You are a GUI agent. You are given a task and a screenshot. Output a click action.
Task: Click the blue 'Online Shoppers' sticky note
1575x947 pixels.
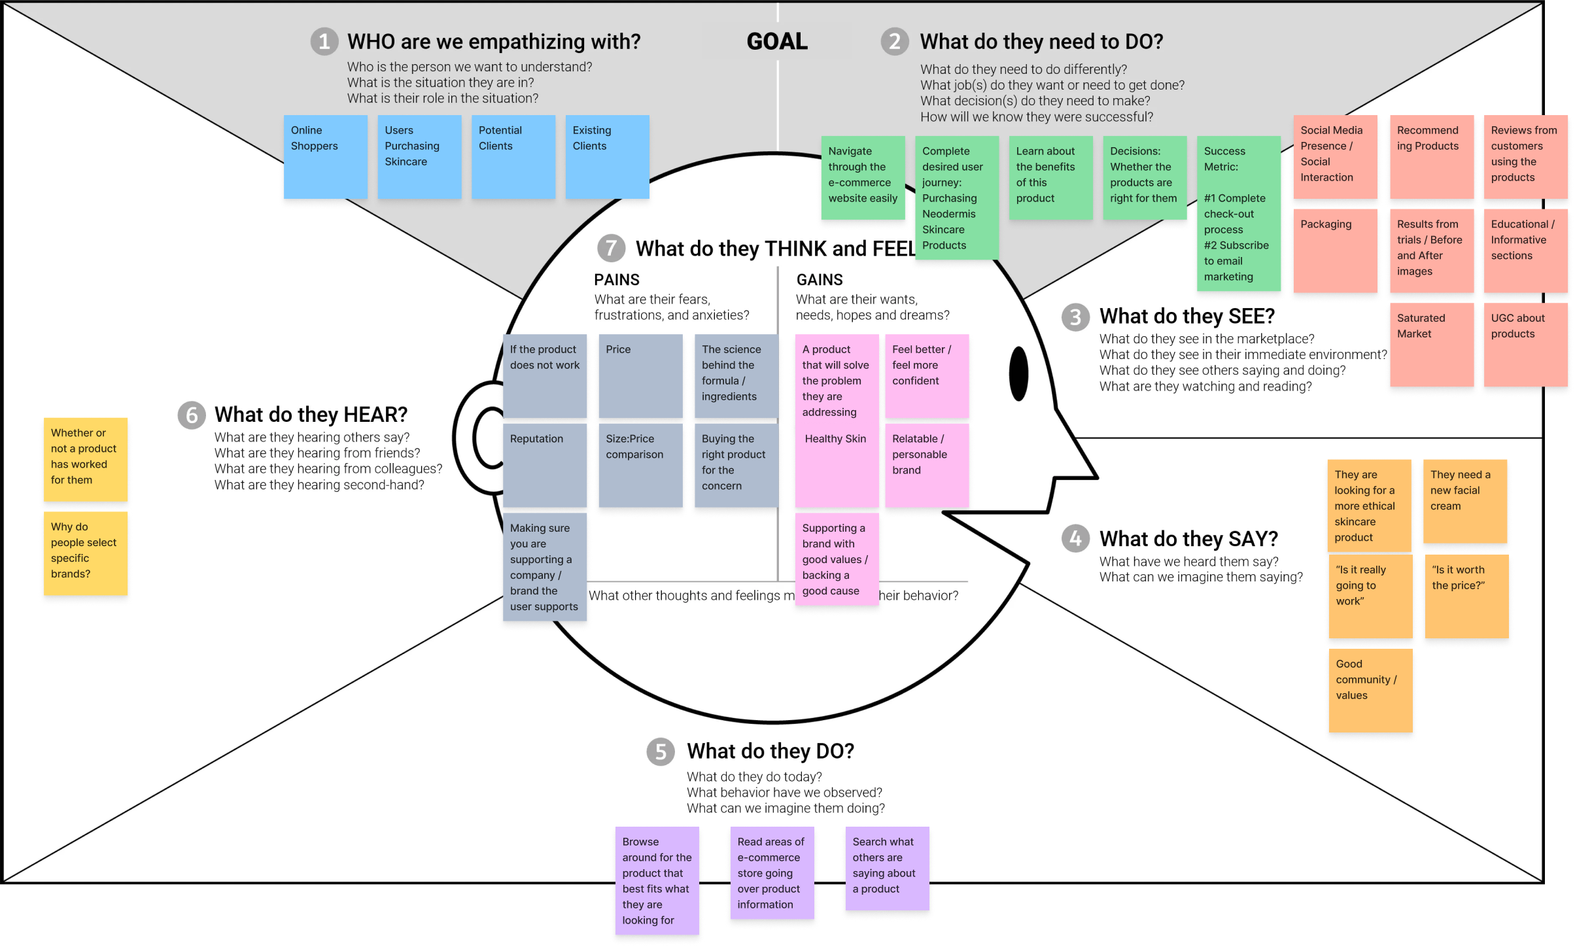pyautogui.click(x=325, y=157)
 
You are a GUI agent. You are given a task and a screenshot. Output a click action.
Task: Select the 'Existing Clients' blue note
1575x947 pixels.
pyautogui.click(x=607, y=157)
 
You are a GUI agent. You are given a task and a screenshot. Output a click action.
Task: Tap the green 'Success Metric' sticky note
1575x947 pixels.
pyautogui.click(x=1238, y=213)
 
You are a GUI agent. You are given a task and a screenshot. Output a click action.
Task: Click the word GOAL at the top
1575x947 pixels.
pyautogui.click(x=777, y=42)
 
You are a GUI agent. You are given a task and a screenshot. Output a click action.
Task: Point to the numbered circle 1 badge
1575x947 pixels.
pyautogui.click(x=324, y=42)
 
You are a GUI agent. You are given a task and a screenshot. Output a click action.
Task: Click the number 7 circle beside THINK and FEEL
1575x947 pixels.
pyautogui.click(x=611, y=249)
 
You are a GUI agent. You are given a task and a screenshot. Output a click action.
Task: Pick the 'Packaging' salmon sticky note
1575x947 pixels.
pyautogui.click(x=1335, y=250)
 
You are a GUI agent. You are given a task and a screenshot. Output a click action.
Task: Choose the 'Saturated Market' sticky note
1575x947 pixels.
pyautogui.click(x=1431, y=345)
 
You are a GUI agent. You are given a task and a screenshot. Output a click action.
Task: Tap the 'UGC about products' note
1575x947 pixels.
pyautogui.click(x=1525, y=345)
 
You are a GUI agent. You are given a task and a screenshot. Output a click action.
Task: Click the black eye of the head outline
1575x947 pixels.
pyautogui.click(x=1018, y=373)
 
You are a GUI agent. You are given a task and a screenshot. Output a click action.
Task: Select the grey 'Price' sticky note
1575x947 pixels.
pyautogui.click(x=640, y=376)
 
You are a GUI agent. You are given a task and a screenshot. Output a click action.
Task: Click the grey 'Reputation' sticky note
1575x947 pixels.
pyautogui.click(x=544, y=465)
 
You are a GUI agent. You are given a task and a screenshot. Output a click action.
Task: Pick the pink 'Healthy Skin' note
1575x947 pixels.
pyautogui.click(x=837, y=465)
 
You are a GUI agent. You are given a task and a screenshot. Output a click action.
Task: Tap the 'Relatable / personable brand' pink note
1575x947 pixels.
pyautogui.click(x=926, y=465)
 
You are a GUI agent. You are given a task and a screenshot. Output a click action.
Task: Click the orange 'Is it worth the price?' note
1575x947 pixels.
pyautogui.click(x=1466, y=596)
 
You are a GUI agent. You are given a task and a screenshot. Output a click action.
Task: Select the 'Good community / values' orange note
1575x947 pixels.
pyautogui.click(x=1370, y=690)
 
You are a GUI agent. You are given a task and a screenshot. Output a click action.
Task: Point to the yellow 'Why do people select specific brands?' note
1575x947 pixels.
pyautogui.click(x=86, y=553)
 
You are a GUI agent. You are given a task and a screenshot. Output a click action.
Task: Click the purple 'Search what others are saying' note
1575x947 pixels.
pyautogui.click(x=887, y=868)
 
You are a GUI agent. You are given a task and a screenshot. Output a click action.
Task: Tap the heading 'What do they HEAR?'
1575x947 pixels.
pyautogui.click(x=311, y=415)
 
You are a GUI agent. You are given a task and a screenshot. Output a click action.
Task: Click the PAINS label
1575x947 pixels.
pyautogui.click(x=616, y=280)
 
